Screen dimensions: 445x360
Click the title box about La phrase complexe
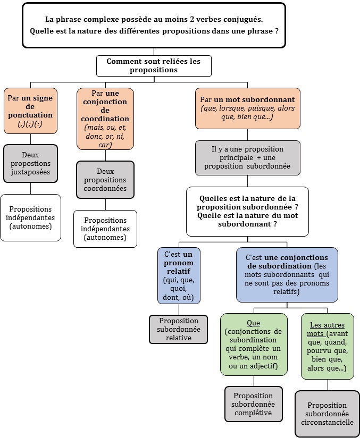click(x=154, y=25)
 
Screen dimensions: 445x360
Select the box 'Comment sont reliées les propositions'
click(x=154, y=66)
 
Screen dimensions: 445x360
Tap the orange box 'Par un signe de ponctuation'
click(x=30, y=111)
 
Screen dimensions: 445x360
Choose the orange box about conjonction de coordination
click(x=105, y=119)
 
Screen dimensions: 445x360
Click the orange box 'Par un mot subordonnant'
click(x=247, y=108)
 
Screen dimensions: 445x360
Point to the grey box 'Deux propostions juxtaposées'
click(x=30, y=164)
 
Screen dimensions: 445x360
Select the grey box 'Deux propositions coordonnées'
click(x=105, y=180)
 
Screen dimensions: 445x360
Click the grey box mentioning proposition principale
click(x=247, y=157)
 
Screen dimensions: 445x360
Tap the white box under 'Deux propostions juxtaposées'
click(x=30, y=217)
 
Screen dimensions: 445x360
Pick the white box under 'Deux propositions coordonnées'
click(x=105, y=229)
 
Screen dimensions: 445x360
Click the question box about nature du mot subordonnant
click(x=247, y=211)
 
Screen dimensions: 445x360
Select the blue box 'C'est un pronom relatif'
click(x=179, y=275)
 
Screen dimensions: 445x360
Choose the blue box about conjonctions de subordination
click(x=287, y=274)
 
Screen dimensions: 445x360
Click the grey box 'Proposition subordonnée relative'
click(x=178, y=329)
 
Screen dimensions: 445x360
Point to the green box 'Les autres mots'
click(x=327, y=346)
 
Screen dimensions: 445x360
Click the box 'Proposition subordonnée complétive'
click(x=253, y=404)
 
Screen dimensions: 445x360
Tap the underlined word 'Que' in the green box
click(x=253, y=323)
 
